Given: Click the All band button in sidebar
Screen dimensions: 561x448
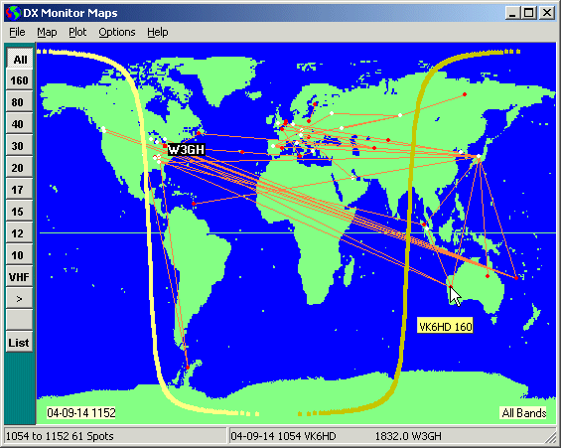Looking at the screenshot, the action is (19, 59).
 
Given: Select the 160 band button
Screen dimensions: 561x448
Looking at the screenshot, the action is (19, 80).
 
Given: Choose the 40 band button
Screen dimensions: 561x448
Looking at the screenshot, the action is (19, 124).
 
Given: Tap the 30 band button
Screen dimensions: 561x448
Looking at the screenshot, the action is (19, 146).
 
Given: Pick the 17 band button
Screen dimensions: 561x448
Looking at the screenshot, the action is (19, 190).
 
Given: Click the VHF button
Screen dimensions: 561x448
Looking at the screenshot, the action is (19, 277).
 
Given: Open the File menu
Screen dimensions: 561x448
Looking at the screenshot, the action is (17, 32).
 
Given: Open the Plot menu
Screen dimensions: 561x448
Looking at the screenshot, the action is (77, 32).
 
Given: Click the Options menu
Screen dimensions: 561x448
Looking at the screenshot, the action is (116, 32).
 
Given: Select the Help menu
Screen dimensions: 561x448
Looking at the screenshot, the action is (158, 32).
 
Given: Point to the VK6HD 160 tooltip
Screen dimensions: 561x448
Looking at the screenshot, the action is (445, 326).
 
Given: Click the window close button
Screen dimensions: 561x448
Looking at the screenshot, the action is (546, 12).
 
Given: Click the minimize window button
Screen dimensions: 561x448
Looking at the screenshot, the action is (512, 12).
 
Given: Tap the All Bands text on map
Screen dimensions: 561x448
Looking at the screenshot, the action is (523, 412).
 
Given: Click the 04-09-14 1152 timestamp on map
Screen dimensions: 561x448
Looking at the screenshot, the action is (81, 412).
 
